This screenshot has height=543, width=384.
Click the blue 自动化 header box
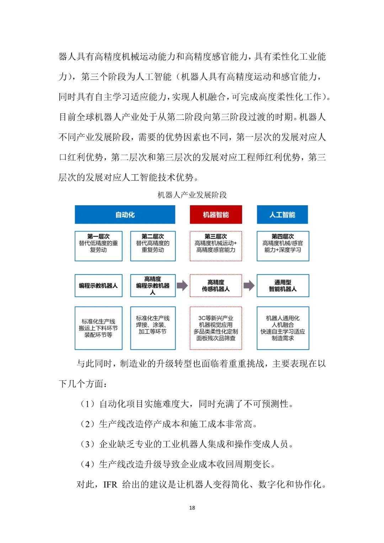tap(125, 214)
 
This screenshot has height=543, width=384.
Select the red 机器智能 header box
tap(216, 214)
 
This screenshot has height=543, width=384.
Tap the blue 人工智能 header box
tap(282, 214)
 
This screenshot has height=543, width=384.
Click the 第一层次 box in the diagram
tap(98, 246)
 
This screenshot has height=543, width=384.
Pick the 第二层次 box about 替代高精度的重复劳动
tap(153, 246)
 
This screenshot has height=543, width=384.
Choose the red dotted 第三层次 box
tap(216, 246)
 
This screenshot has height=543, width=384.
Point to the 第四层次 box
tap(283, 246)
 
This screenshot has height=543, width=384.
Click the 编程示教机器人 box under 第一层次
tap(98, 285)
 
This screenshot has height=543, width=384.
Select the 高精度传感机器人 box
tap(216, 285)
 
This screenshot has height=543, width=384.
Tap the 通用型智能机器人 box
tap(283, 285)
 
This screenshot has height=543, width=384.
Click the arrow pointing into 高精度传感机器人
tap(182, 285)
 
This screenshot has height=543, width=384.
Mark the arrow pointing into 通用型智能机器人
tap(249, 285)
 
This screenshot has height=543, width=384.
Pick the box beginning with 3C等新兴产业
tap(216, 328)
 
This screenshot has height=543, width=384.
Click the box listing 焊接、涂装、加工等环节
tap(153, 328)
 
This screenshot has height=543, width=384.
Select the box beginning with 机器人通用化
tap(283, 328)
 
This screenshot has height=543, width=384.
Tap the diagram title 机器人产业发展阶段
tap(192, 195)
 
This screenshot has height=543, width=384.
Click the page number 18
tap(192, 507)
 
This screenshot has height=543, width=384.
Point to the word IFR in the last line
tap(110, 484)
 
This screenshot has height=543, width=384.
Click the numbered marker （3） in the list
tap(87, 444)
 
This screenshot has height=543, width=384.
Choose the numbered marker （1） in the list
tap(87, 404)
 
